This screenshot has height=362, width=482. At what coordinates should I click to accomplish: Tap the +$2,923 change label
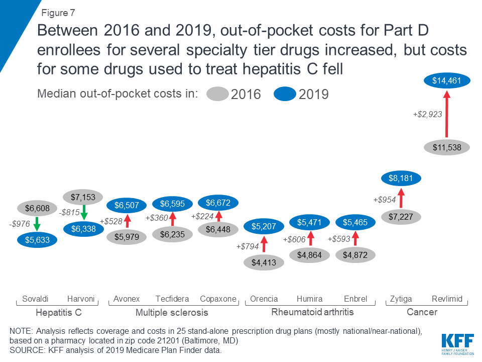[x=427, y=114]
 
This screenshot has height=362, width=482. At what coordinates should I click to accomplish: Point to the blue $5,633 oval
[x=37, y=240]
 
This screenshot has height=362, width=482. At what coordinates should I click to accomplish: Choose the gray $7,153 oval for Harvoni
[x=83, y=197]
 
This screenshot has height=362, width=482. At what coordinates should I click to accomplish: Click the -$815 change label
[x=69, y=212]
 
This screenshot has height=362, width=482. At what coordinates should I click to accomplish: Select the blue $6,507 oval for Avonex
[x=127, y=205]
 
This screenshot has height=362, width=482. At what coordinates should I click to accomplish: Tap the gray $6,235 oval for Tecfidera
[x=172, y=234]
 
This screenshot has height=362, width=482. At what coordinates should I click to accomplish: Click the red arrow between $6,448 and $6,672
[x=218, y=217]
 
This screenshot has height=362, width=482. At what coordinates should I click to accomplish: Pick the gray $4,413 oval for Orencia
[x=264, y=262]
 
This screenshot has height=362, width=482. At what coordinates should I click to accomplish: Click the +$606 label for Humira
[x=294, y=240]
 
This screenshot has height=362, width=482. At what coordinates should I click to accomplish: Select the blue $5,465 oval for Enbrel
[x=355, y=221]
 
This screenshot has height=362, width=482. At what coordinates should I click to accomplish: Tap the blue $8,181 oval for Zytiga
[x=401, y=177]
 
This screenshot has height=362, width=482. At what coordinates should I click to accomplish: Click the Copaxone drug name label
[x=218, y=299]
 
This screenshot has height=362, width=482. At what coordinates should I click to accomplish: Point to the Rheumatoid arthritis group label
[x=312, y=312]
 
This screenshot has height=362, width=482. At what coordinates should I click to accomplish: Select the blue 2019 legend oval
[x=285, y=94]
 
